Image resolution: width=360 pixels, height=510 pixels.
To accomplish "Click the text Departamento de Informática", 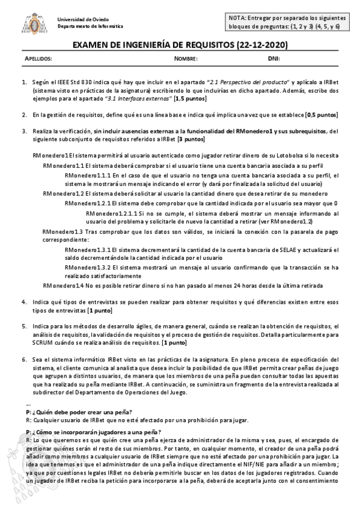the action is point(90,26).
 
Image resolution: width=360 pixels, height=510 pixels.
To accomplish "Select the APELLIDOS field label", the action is point(40,59).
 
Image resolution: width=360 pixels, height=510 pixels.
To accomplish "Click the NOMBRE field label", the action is point(186,59).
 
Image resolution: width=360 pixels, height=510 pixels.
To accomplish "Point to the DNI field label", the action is point(273,59).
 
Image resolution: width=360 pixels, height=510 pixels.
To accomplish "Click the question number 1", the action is point(25,82).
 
